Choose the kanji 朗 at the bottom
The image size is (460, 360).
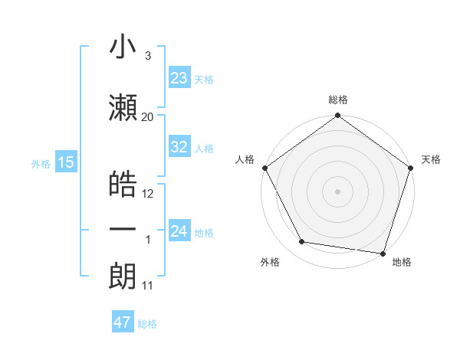coord(123,277)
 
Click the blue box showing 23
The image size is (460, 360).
coord(179,78)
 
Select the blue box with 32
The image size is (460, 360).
coord(179,148)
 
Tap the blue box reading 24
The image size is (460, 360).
coord(179,231)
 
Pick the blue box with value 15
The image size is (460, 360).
coord(65,162)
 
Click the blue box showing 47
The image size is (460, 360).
coord(123,322)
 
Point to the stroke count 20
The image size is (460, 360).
coord(148,116)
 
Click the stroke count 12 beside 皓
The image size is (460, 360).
coord(148,194)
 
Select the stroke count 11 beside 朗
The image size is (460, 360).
coord(148,286)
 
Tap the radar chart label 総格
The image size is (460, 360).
coord(338,100)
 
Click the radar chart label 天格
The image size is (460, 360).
coord(432,159)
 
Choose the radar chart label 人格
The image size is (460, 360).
coord(245,159)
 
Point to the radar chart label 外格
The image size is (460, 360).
coord(270,263)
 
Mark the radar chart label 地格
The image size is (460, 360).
coord(402,263)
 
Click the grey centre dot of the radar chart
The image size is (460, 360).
coord(337,191)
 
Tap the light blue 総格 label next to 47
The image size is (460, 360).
coord(147,324)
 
